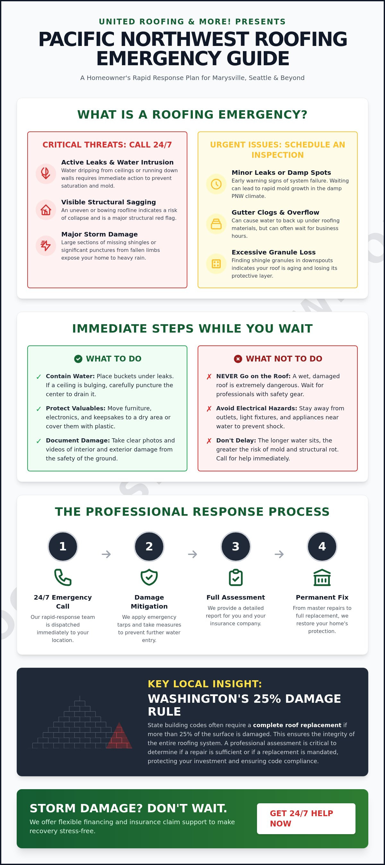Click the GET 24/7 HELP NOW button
(306, 818)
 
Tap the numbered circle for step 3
(236, 546)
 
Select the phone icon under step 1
(63, 577)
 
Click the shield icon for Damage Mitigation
(149, 577)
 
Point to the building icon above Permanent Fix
(322, 577)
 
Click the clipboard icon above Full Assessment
(236, 577)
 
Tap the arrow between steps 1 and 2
(106, 554)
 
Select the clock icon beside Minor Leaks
(216, 184)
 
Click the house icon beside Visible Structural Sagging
(46, 210)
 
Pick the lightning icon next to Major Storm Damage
(46, 245)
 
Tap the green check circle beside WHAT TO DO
(78, 359)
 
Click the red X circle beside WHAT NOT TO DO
(238, 359)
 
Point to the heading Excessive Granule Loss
(274, 252)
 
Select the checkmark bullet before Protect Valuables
(38, 409)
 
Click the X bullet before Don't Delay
(209, 441)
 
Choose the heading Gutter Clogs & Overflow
(275, 212)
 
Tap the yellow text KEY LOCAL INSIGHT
(205, 684)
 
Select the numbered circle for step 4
(322, 546)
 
